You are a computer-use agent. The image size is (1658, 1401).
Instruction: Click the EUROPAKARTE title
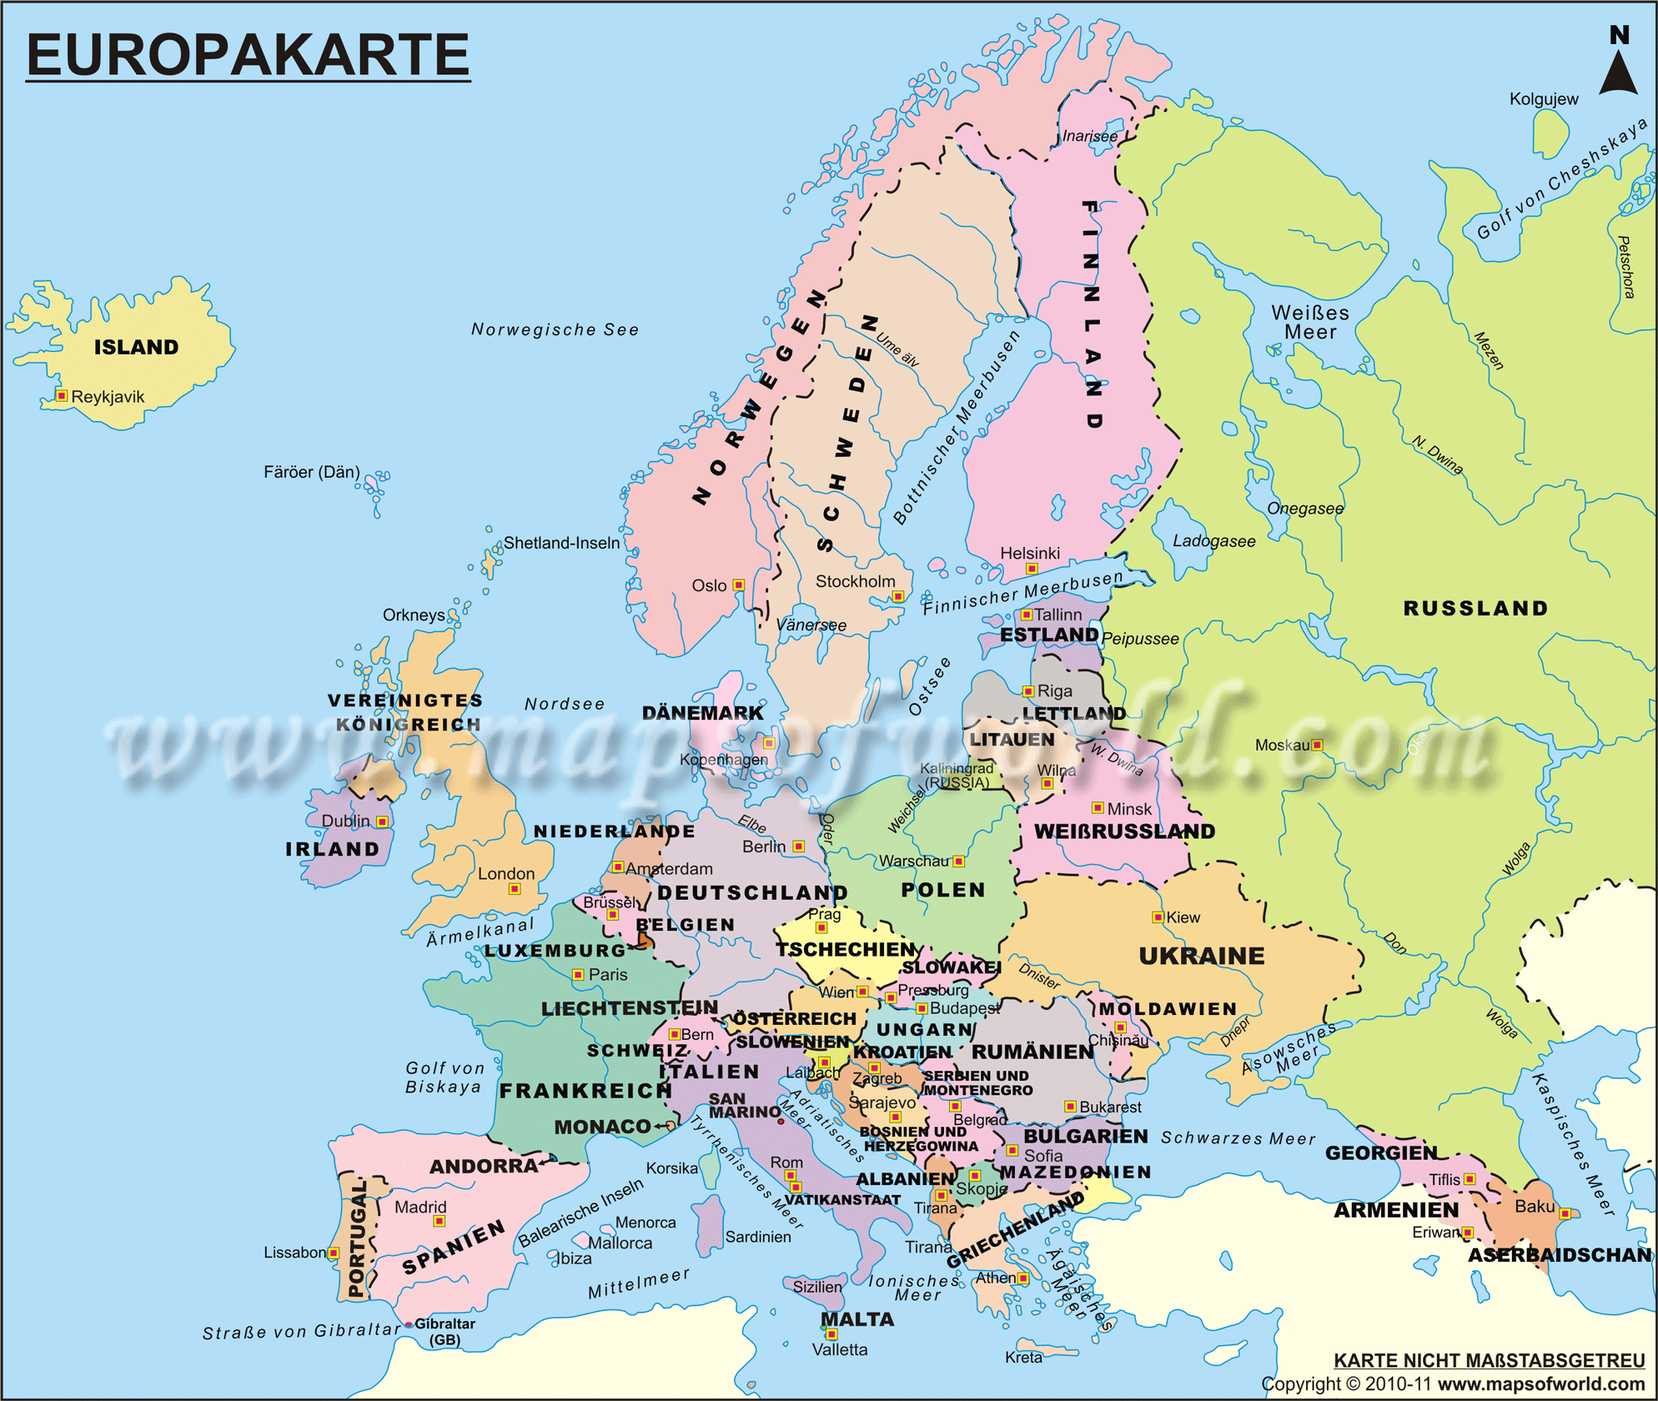click(248, 55)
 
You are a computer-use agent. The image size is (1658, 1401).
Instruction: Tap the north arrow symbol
click(1618, 72)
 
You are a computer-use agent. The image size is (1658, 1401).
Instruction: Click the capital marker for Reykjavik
click(62, 395)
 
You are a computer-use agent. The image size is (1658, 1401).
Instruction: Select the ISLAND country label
click(136, 347)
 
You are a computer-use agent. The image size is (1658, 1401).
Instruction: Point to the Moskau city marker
click(1317, 745)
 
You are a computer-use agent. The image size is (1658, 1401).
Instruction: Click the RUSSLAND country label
click(1475, 608)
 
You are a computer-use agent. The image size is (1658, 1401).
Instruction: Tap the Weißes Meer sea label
click(1309, 322)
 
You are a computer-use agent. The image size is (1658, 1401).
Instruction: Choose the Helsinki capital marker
click(1032, 569)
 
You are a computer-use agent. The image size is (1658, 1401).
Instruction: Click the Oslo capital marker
click(738, 585)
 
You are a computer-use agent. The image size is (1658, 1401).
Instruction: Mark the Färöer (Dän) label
click(312, 472)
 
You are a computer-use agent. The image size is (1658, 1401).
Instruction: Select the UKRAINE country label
click(1202, 956)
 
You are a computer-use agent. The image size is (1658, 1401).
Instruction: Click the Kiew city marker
click(1158, 917)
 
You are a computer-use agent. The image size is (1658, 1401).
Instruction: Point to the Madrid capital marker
click(440, 1221)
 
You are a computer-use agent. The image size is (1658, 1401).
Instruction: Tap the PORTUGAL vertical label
click(357, 1238)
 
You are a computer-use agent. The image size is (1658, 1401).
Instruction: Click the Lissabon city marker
click(334, 1253)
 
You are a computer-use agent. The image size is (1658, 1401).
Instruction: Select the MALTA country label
click(857, 1319)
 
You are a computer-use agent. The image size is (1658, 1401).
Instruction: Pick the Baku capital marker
click(1565, 1213)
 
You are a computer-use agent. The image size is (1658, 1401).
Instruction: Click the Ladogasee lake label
click(1213, 541)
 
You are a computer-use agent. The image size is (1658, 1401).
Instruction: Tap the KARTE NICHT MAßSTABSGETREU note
click(1489, 1360)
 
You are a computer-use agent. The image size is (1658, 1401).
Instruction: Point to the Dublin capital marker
click(382, 821)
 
